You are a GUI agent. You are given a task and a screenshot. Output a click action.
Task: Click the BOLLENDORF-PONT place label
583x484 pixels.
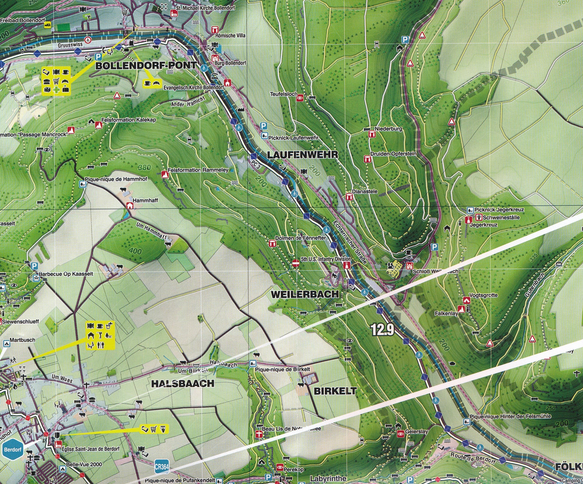(x=146, y=65)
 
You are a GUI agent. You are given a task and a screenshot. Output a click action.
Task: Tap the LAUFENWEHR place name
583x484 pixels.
(x=302, y=155)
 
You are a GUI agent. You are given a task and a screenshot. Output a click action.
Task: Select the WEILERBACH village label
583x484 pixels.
(x=305, y=294)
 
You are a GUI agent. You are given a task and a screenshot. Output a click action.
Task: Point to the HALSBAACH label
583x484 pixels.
(x=183, y=383)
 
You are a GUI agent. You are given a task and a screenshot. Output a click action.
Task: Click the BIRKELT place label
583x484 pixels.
(x=335, y=391)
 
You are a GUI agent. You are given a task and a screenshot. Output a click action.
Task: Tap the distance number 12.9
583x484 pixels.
(x=382, y=330)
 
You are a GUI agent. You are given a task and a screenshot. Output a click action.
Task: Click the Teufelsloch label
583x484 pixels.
(x=284, y=94)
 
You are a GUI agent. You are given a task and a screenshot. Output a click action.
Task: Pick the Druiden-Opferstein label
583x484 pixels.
(x=393, y=154)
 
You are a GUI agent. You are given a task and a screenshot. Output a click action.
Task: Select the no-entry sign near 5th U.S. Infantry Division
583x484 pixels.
(x=296, y=263)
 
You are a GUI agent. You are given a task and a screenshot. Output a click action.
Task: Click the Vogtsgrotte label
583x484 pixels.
(x=484, y=295)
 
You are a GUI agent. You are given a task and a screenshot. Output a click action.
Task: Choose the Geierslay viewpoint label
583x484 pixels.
(x=416, y=432)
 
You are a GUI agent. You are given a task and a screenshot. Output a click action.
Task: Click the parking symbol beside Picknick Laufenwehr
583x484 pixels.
(x=264, y=126)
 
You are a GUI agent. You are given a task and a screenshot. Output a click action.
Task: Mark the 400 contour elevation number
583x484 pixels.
(x=135, y=251)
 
